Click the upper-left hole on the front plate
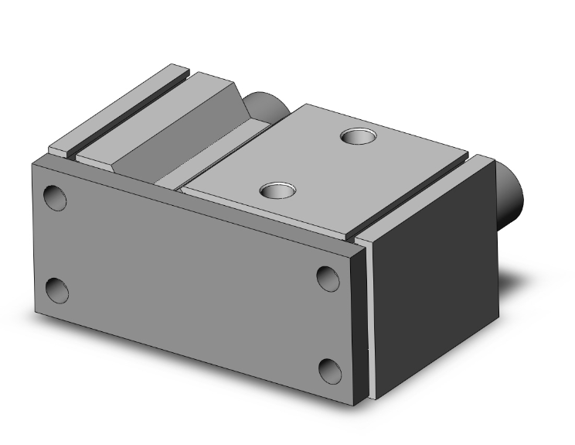tap(55, 197)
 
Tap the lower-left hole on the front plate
tap(56, 291)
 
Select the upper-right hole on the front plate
tap(328, 277)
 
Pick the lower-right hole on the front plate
tap(330, 371)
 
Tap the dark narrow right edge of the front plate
tap(360, 325)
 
